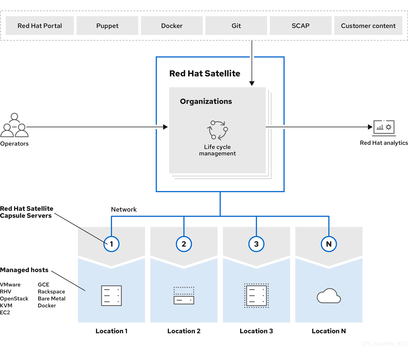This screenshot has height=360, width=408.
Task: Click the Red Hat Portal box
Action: pyautogui.click(x=40, y=26)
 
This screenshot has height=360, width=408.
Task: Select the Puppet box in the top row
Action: pyautogui.click(x=107, y=26)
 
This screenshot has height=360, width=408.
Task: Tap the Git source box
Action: pyautogui.click(x=236, y=26)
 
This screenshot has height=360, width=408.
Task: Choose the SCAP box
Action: pyautogui.click(x=301, y=26)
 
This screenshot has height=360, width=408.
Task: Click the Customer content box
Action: pyautogui.click(x=368, y=26)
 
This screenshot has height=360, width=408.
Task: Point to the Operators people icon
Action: pyautogui.click(x=14, y=125)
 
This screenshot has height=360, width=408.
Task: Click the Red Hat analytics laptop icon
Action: pyautogui.click(x=384, y=128)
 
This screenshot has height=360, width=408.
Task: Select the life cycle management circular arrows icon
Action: pyautogui.click(x=217, y=130)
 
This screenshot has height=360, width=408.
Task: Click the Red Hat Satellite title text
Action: pyautogui.click(x=205, y=74)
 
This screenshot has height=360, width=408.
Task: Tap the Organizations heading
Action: pyautogui.click(x=206, y=101)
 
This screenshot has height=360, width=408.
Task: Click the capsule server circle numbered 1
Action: pyautogui.click(x=111, y=244)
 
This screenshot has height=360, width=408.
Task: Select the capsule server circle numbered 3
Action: pyautogui.click(x=256, y=244)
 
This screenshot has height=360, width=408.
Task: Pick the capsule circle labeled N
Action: pyautogui.click(x=329, y=244)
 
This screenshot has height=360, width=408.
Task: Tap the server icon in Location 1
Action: pyautogui.click(x=111, y=296)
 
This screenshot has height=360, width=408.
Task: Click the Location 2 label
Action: pyautogui.click(x=184, y=331)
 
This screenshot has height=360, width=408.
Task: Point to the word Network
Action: pyautogui.click(x=124, y=210)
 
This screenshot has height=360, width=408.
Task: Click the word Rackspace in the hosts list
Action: pyautogui.click(x=51, y=292)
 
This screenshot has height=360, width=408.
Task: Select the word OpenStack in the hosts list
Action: pyautogui.click(x=14, y=299)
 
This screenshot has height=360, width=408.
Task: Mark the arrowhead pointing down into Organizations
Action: pyautogui.click(x=252, y=83)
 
